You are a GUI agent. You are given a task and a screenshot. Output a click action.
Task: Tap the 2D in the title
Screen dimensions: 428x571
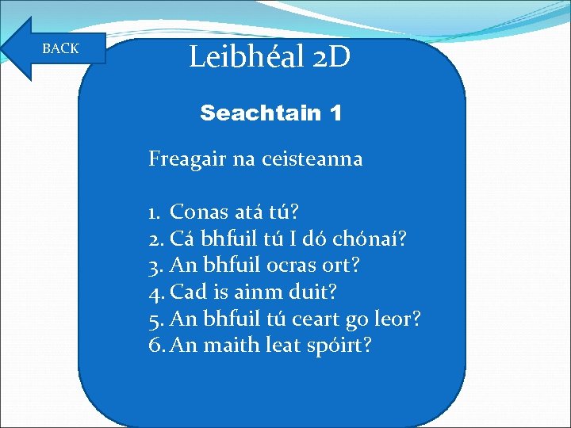click(325, 57)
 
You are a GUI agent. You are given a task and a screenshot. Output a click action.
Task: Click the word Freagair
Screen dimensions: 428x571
click(187, 159)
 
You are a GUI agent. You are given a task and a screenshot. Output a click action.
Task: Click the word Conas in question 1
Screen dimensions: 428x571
click(200, 212)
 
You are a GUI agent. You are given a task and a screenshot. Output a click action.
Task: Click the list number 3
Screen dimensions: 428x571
click(155, 266)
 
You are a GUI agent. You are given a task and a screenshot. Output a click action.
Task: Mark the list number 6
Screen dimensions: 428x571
click(155, 346)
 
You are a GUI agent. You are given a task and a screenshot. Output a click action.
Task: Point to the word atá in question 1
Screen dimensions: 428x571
click(251, 212)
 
